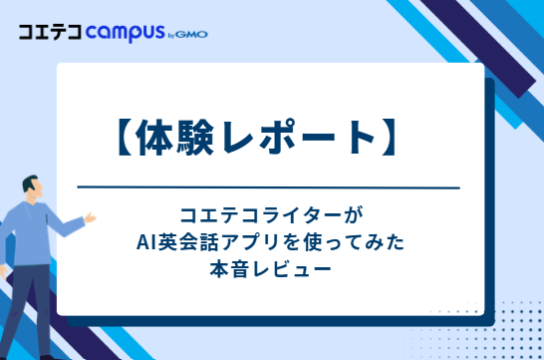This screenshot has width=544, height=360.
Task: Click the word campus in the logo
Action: point(125,33)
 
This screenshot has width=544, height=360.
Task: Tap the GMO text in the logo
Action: point(191,34)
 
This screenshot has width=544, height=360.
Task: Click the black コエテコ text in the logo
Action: point(50,32)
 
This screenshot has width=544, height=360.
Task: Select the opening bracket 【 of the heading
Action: point(125,138)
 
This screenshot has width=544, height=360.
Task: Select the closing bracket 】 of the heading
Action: point(389,138)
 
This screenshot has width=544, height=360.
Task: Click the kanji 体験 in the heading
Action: point(174,138)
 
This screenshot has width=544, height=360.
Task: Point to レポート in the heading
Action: point(298,137)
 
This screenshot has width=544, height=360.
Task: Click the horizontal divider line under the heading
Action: point(269,187)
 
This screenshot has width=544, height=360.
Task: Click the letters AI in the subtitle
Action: point(146,242)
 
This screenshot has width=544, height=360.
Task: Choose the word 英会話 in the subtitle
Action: point(188,242)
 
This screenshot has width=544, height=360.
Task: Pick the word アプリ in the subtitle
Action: point(253,242)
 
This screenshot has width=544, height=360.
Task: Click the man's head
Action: point(33,189)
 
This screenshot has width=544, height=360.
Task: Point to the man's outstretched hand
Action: point(90,218)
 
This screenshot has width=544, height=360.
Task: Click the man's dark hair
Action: point(29,182)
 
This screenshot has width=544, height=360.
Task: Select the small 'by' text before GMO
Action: point(171,36)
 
